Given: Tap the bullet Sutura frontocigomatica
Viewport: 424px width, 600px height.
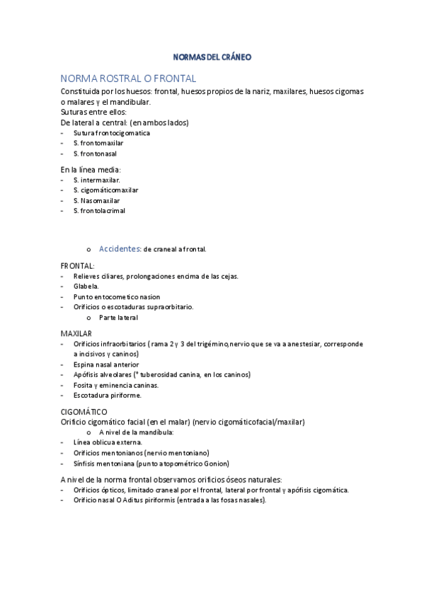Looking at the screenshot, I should click(x=111, y=132).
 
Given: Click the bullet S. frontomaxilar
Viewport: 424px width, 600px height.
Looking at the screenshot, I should click(x=98, y=143).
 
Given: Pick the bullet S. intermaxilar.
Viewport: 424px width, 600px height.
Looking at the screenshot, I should click(x=96, y=180).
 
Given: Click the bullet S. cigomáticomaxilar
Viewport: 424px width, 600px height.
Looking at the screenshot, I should click(x=105, y=190).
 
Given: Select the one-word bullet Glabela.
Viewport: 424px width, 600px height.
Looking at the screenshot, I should click(x=86, y=287).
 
